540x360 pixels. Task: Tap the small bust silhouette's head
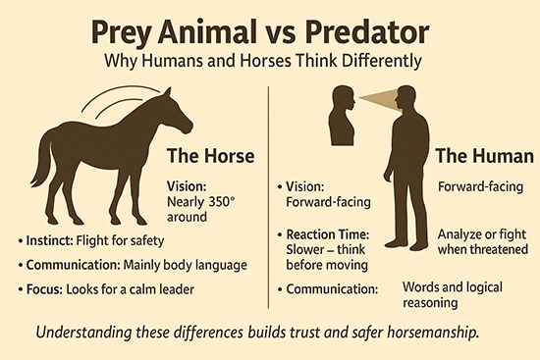344,99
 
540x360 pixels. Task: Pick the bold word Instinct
45,240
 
